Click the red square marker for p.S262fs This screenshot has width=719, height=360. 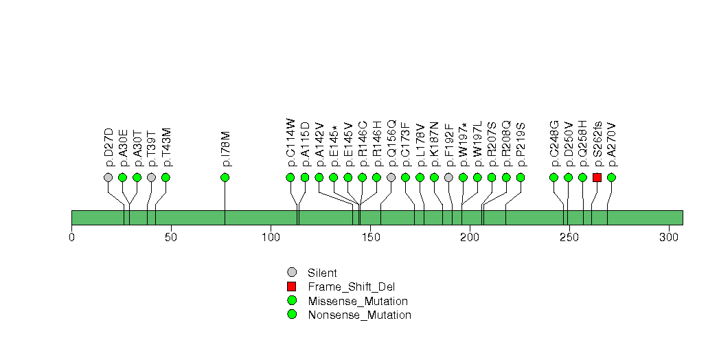point(597,177)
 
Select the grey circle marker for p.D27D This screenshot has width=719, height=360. point(109,177)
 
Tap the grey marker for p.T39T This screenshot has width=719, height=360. point(151,177)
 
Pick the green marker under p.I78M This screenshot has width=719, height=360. point(225,177)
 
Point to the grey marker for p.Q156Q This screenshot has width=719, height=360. point(391,177)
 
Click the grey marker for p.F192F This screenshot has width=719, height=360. point(448,177)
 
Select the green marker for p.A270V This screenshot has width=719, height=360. point(611,177)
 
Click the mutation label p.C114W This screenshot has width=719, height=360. point(290,143)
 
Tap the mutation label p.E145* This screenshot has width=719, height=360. point(334,146)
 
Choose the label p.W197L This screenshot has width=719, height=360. point(477,144)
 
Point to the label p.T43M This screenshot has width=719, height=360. point(166,147)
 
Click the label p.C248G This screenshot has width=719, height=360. point(554,144)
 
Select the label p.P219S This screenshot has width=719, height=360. point(521,144)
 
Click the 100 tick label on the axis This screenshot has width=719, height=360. point(271,237)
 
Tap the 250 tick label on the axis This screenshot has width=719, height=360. point(569,237)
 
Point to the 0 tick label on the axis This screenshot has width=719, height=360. point(71,237)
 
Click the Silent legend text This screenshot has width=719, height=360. point(322,273)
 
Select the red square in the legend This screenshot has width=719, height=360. point(291,286)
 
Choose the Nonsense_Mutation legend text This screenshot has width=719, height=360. point(360,315)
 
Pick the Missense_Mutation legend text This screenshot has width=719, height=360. point(358,302)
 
